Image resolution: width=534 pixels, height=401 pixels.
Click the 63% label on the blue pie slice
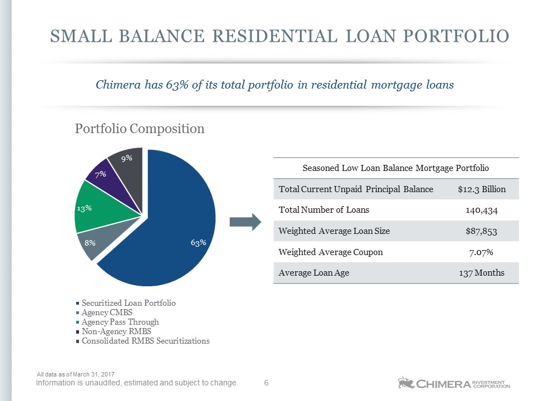click(198, 242)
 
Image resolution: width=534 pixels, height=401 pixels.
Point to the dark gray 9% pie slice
click(128, 170)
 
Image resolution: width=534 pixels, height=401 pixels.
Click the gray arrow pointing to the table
click(245, 222)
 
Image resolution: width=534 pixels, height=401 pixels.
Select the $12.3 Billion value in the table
click(482, 189)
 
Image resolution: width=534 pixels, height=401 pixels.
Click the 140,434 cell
click(482, 211)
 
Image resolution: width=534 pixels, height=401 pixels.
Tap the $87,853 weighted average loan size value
click(482, 231)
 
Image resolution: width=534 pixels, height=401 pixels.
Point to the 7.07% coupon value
click(481, 252)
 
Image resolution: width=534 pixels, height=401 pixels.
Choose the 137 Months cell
click(482, 273)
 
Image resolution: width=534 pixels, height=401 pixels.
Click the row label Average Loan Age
click(314, 273)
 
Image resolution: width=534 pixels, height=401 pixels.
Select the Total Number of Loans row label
click(324, 210)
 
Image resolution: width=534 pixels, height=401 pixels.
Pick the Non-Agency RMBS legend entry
click(113, 331)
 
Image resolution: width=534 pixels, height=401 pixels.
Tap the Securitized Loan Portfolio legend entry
click(126, 303)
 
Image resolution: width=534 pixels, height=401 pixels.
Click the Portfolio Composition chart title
click(140, 129)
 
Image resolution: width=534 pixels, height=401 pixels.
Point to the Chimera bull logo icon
click(406, 383)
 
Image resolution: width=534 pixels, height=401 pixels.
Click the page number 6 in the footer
click(266, 383)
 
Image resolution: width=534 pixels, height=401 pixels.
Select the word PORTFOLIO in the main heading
click(456, 36)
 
